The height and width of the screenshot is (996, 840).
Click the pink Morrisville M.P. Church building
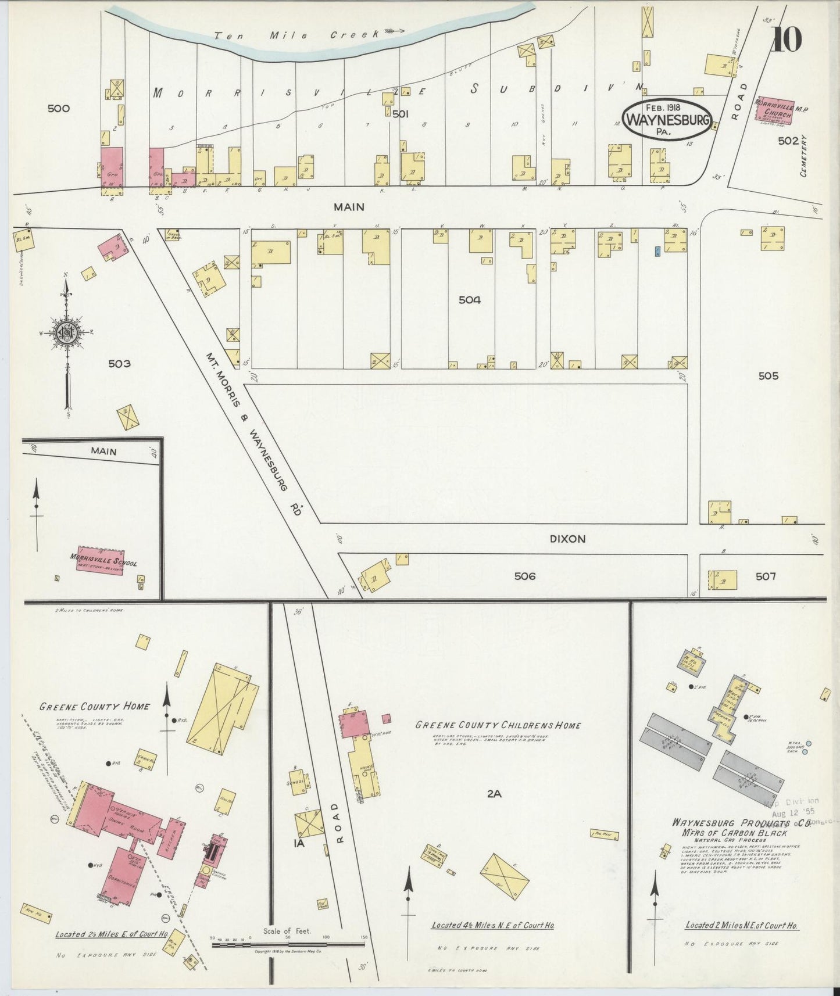click(775, 109)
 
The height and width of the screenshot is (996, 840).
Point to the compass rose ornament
click(66, 332)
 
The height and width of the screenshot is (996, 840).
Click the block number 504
click(470, 300)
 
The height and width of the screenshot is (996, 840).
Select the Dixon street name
click(567, 539)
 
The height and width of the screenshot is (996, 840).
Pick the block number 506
click(524, 576)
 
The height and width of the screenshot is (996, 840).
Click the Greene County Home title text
click(94, 707)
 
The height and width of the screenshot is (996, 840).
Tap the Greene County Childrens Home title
click(498, 725)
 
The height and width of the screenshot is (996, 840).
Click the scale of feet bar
click(288, 944)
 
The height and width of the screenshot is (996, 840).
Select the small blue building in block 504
click(657, 251)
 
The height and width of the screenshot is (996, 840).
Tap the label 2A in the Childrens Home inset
click(494, 793)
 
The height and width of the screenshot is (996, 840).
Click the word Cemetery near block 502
click(804, 155)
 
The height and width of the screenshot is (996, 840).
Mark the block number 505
click(768, 375)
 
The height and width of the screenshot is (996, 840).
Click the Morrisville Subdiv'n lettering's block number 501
click(401, 114)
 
